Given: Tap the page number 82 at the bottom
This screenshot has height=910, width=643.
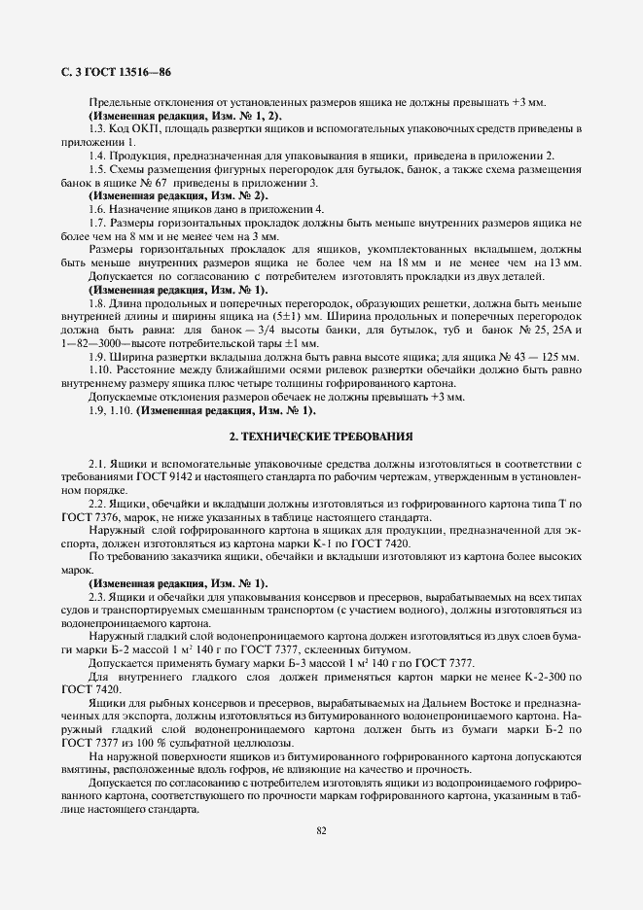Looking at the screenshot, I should coord(321,829).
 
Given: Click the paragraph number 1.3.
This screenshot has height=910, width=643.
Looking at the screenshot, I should coord(97,129).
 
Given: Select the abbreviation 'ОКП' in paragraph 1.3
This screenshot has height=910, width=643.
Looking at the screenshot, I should coord(142,129).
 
